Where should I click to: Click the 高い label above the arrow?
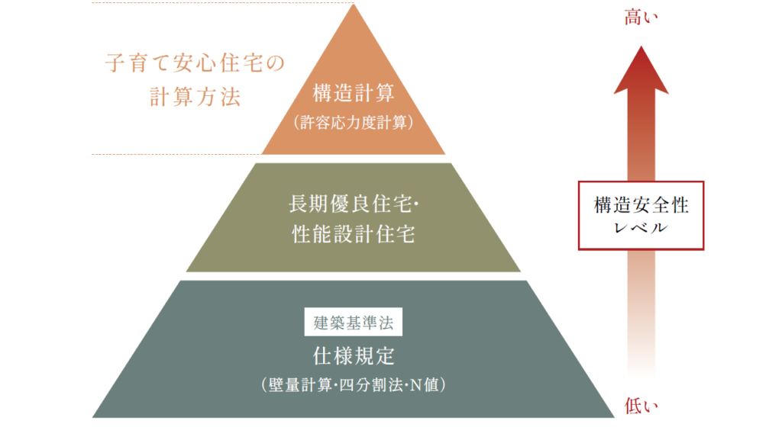(641, 18)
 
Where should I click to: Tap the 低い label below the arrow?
(641, 406)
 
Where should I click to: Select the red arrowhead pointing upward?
(641, 69)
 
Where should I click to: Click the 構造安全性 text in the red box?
(641, 205)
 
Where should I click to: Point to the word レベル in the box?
(641, 228)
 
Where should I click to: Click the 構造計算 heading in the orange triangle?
(353, 93)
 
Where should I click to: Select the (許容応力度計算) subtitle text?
(353, 123)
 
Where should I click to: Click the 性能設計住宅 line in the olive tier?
(354, 234)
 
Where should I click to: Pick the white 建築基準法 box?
(353, 322)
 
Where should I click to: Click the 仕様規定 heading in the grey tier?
(353, 356)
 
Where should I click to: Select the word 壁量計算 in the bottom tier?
(300, 385)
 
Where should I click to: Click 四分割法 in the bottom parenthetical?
(370, 385)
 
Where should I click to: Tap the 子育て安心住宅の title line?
(195, 63)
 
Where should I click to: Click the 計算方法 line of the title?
(195, 97)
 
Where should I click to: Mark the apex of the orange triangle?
(353, 5)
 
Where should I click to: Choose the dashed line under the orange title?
(176, 154)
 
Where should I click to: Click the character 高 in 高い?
(633, 18)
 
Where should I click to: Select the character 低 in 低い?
(633, 406)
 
